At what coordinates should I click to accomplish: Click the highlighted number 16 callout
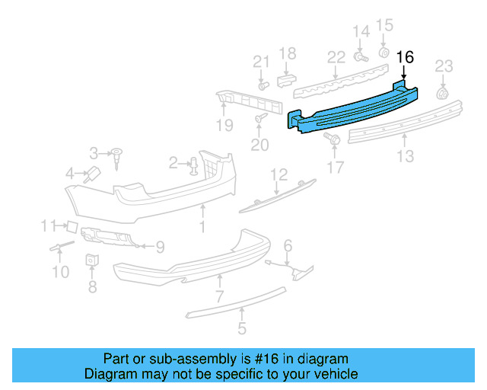(x=406, y=57)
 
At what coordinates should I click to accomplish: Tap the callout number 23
(x=444, y=66)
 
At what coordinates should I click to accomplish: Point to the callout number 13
(x=406, y=156)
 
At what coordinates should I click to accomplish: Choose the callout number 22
(x=336, y=57)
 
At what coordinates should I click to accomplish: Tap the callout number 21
(x=261, y=62)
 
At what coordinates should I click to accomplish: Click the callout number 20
(x=261, y=145)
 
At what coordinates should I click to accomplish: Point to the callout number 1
(x=202, y=227)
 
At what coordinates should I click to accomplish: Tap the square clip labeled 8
(x=92, y=260)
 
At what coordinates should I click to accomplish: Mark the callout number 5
(x=242, y=329)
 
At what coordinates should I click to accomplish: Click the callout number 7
(x=219, y=296)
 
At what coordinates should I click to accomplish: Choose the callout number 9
(x=160, y=246)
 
